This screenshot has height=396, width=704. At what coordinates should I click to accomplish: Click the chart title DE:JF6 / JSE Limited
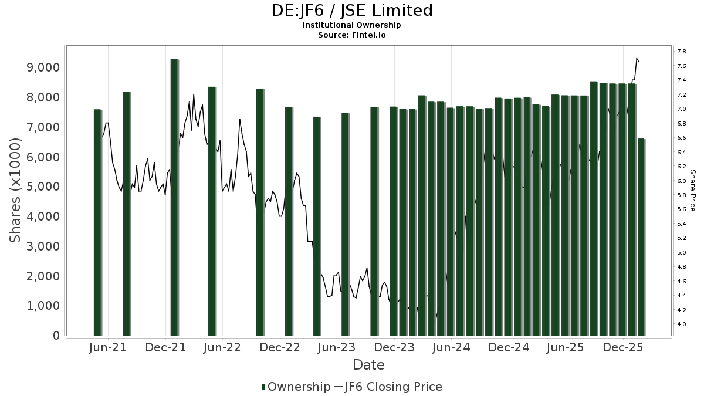(x=352, y=11)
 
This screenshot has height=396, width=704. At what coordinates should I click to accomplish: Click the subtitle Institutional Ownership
(x=352, y=25)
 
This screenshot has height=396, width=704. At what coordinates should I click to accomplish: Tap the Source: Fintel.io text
(x=352, y=35)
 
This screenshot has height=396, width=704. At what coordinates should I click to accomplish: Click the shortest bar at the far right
(x=641, y=237)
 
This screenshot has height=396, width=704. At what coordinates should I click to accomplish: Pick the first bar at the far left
(x=97, y=222)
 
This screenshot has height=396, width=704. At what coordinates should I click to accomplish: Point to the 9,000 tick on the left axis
(x=45, y=67)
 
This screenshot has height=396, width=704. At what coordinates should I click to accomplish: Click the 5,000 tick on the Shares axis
(x=45, y=187)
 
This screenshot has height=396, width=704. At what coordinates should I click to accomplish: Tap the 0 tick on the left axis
(x=55, y=336)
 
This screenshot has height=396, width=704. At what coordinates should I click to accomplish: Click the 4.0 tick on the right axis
(x=681, y=324)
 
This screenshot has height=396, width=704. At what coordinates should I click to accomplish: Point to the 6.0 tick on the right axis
(x=681, y=181)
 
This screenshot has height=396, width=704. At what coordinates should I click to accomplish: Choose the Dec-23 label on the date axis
(x=395, y=348)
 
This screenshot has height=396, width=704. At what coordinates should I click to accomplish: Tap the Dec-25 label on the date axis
(x=624, y=348)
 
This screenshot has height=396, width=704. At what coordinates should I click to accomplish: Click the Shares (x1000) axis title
(x=16, y=191)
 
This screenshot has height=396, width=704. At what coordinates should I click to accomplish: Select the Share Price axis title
(x=693, y=191)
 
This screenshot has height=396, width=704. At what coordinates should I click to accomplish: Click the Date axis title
(x=368, y=365)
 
